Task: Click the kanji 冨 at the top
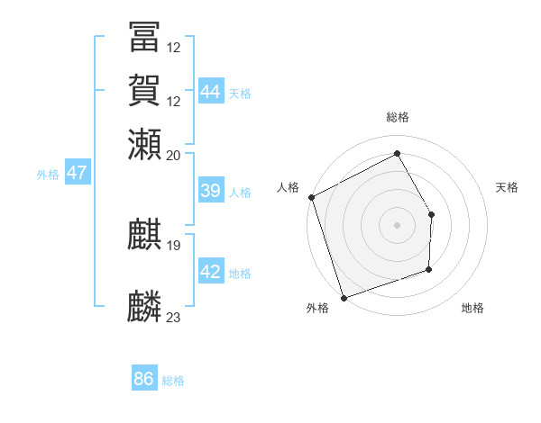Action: click(x=145, y=37)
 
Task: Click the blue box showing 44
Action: click(x=210, y=92)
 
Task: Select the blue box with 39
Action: click(x=210, y=191)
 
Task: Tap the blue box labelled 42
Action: click(x=210, y=273)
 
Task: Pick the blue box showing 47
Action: click(x=77, y=173)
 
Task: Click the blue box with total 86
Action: click(x=143, y=379)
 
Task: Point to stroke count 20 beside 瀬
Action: click(x=174, y=155)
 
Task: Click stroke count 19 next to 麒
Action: click(x=174, y=245)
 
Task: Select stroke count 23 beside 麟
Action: click(x=174, y=317)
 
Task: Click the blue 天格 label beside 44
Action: click(x=240, y=94)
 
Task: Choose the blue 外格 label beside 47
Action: click(x=48, y=175)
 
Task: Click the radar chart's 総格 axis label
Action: click(x=398, y=117)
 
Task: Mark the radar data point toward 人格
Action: click(x=311, y=197)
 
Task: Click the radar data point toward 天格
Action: click(x=432, y=215)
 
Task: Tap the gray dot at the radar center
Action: click(x=398, y=224)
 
